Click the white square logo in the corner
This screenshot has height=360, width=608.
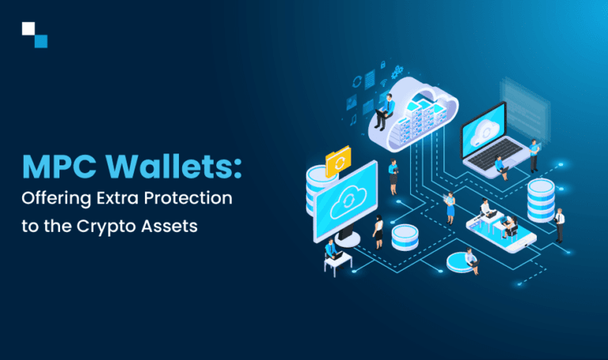click(29, 29)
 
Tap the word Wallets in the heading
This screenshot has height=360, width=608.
click(173, 168)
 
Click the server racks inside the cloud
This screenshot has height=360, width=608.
click(420, 119)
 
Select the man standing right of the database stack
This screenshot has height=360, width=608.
click(559, 224)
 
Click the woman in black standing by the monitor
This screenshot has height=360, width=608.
click(378, 230)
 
